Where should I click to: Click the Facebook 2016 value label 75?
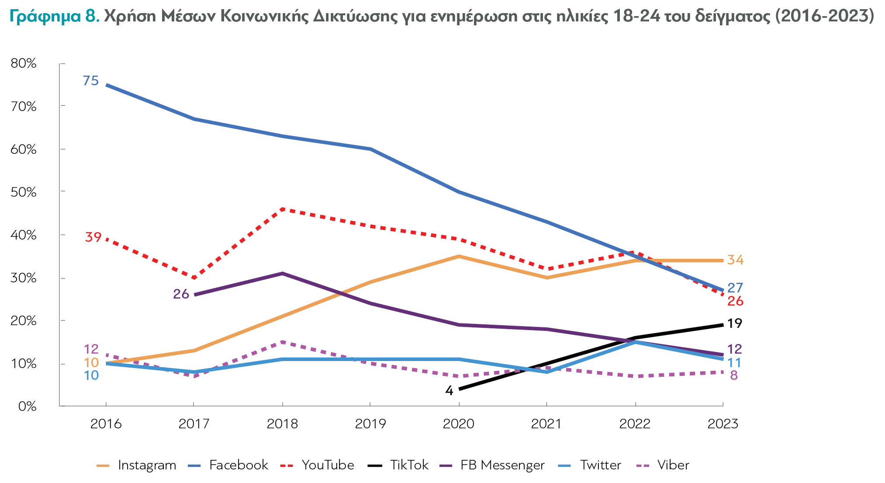pos(91,81)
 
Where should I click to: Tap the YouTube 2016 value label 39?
pos(93,237)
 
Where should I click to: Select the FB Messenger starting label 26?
pos(181,294)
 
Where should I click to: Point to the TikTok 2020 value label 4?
pos(449,391)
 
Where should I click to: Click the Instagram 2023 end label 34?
pos(735,260)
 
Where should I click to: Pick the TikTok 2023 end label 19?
pos(735,323)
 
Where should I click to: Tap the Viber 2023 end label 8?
pos(734,375)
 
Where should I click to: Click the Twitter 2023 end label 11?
pos(734,363)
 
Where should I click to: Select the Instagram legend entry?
pos(136,465)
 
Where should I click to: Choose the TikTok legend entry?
pos(398,465)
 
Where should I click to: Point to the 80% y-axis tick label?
pos(23,63)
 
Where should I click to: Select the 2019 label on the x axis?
pos(370,424)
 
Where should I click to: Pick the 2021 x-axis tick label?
pos(546,424)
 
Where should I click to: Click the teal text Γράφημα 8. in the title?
pos(55,17)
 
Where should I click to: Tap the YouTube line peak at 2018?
pos(282,209)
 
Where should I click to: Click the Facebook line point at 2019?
pos(370,149)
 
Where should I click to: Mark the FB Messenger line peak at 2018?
pos(282,274)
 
